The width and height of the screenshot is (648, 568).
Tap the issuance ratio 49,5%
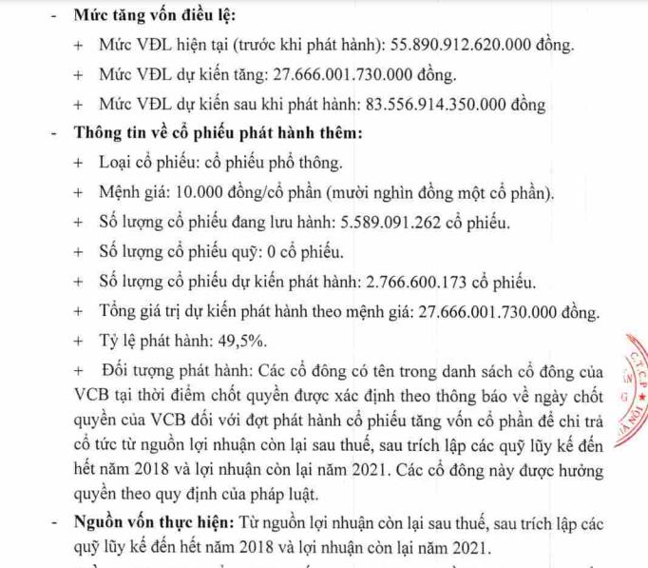tap(241, 341)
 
